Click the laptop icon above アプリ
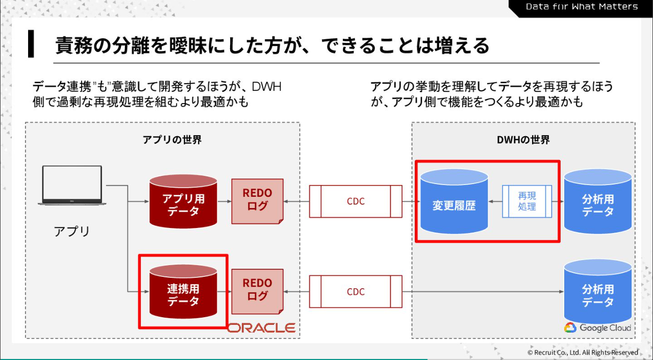[72, 185]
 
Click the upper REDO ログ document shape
[258, 201]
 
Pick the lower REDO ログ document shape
[258, 291]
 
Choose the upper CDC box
[356, 201]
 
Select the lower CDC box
[356, 292]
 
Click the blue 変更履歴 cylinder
[454, 201]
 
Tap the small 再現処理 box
[527, 201]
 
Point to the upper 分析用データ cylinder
[598, 201]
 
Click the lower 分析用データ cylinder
[598, 292]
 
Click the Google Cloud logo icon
[570, 328]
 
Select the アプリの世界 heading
[172, 140]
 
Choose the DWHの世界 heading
[523, 140]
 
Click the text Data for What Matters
[582, 7]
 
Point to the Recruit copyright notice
[582, 352]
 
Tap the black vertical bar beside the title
[31, 44]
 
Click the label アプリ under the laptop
[72, 231]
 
